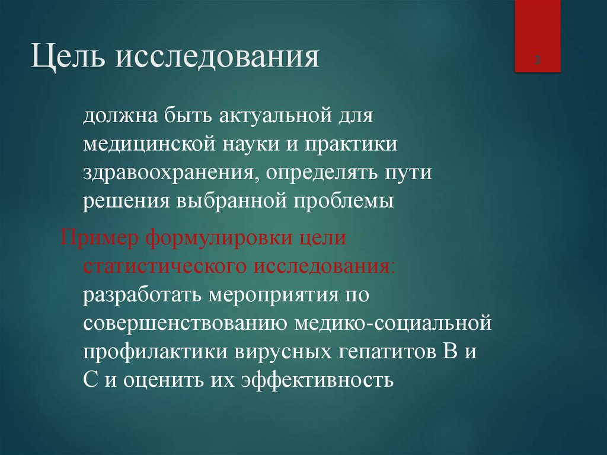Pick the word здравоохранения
(x=170, y=173)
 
